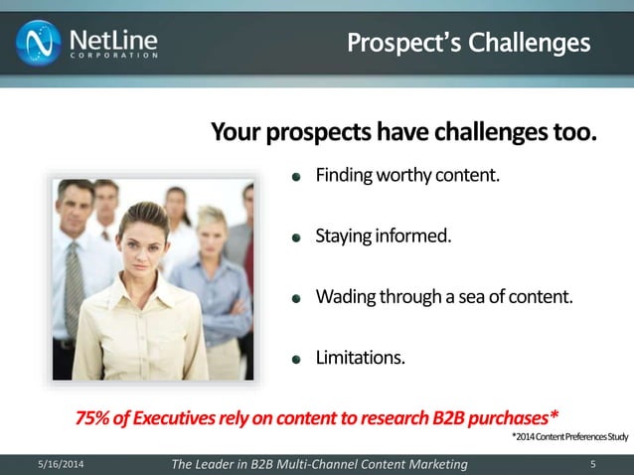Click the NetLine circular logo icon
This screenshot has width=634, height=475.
coord(38,42)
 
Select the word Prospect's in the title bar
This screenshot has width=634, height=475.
coord(394,43)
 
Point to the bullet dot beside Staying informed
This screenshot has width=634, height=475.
coord(295,238)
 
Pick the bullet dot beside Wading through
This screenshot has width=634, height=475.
coord(295,298)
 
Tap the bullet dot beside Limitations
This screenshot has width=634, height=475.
coord(295,359)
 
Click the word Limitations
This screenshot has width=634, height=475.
coord(361,357)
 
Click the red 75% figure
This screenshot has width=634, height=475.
coord(95,415)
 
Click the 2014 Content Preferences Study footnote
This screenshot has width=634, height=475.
coord(569,436)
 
